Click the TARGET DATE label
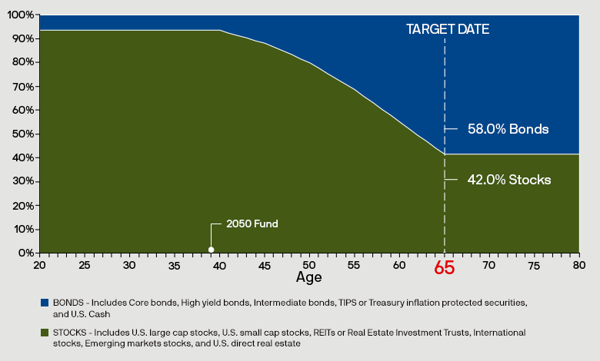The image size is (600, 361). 448,29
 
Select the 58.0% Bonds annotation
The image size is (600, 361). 508,129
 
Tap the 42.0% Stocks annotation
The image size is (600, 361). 508,180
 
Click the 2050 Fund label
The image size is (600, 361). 252,224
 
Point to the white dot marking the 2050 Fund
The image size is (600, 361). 212,249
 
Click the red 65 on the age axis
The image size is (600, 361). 445,268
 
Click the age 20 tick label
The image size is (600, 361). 39,265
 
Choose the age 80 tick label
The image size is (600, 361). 579,265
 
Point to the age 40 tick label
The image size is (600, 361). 219,265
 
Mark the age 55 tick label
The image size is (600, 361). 355,265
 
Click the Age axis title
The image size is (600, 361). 309,277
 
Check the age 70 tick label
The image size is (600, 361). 489,265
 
